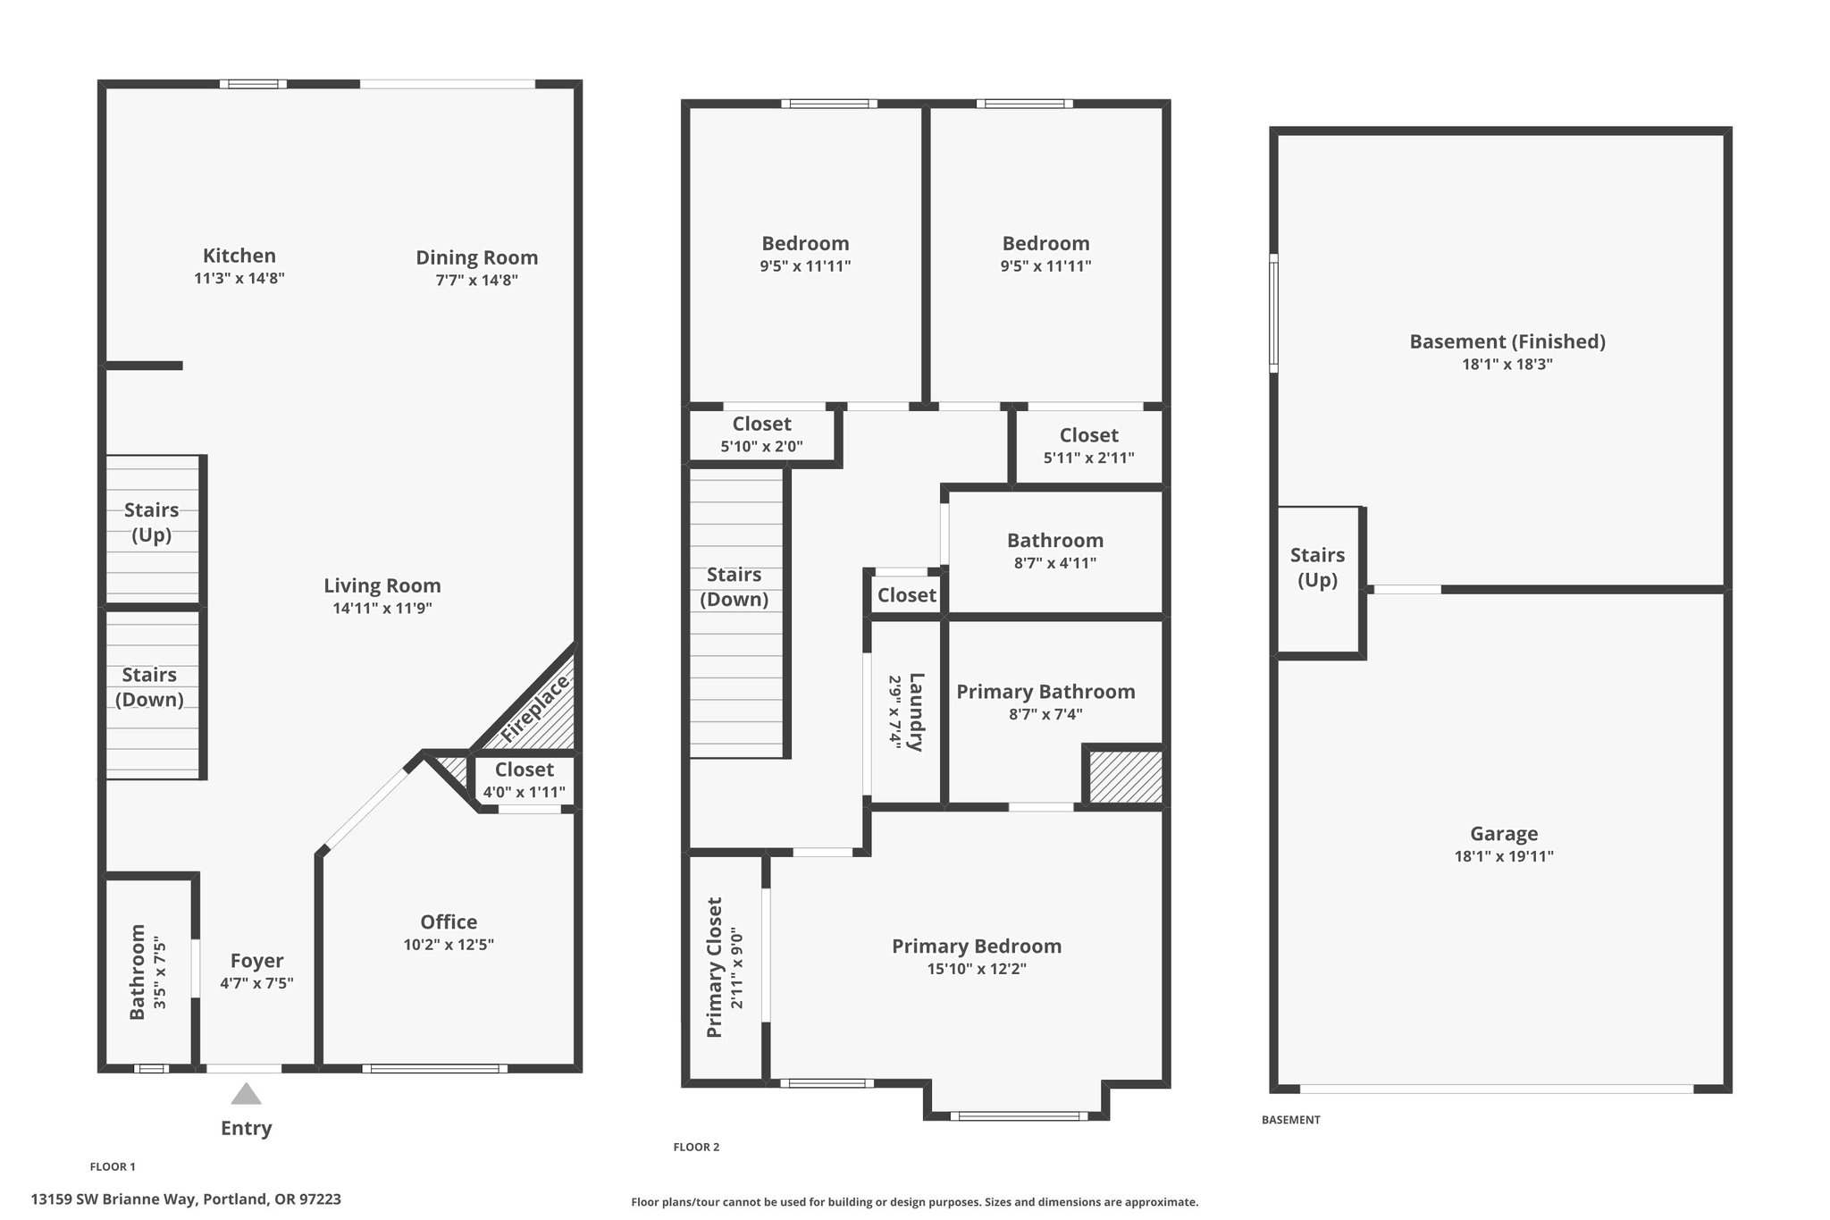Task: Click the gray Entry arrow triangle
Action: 247,1094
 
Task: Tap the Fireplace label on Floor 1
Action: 534,710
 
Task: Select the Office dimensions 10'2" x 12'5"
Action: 449,945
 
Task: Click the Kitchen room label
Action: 239,256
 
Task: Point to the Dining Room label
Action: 477,258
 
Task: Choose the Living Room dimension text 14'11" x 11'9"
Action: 382,609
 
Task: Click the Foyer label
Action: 257,961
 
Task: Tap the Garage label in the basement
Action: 1504,834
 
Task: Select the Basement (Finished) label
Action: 1507,341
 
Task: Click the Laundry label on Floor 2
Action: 916,712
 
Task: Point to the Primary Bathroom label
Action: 1045,692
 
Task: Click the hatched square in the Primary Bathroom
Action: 1125,777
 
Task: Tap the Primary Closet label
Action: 715,967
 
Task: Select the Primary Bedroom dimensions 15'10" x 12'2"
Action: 977,969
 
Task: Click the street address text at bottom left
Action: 186,1199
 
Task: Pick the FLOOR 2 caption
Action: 696,1148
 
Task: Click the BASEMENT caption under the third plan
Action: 1290,1120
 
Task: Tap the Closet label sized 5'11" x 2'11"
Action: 1089,435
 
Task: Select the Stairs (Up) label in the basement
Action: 1317,568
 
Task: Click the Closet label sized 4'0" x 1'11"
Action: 525,770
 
